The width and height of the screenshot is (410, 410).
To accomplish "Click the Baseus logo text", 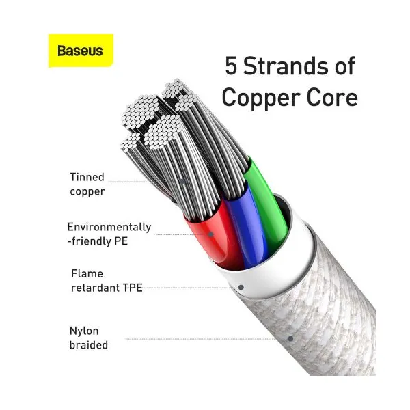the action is click(80, 51).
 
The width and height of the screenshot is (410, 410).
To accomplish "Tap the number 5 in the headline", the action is click(231, 66).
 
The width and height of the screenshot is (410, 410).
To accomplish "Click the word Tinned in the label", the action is click(87, 177).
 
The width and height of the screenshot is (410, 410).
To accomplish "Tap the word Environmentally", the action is click(109, 227).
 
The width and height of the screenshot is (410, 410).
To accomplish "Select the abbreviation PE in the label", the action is click(121, 241).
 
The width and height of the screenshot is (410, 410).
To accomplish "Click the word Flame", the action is click(87, 274).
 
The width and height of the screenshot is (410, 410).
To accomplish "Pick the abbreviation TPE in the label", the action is click(133, 288).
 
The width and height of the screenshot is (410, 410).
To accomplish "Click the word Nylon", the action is click(84, 331).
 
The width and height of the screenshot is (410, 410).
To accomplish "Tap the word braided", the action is click(89, 345).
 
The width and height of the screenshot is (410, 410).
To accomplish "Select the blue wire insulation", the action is click(247, 225).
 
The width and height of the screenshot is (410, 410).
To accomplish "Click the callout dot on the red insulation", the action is click(210, 234).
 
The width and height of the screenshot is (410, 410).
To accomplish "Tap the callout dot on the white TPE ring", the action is click(241, 288).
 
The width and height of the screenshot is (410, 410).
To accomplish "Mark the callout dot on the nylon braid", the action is click(290, 339).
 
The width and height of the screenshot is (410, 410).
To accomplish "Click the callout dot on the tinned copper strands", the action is click(182, 182).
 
